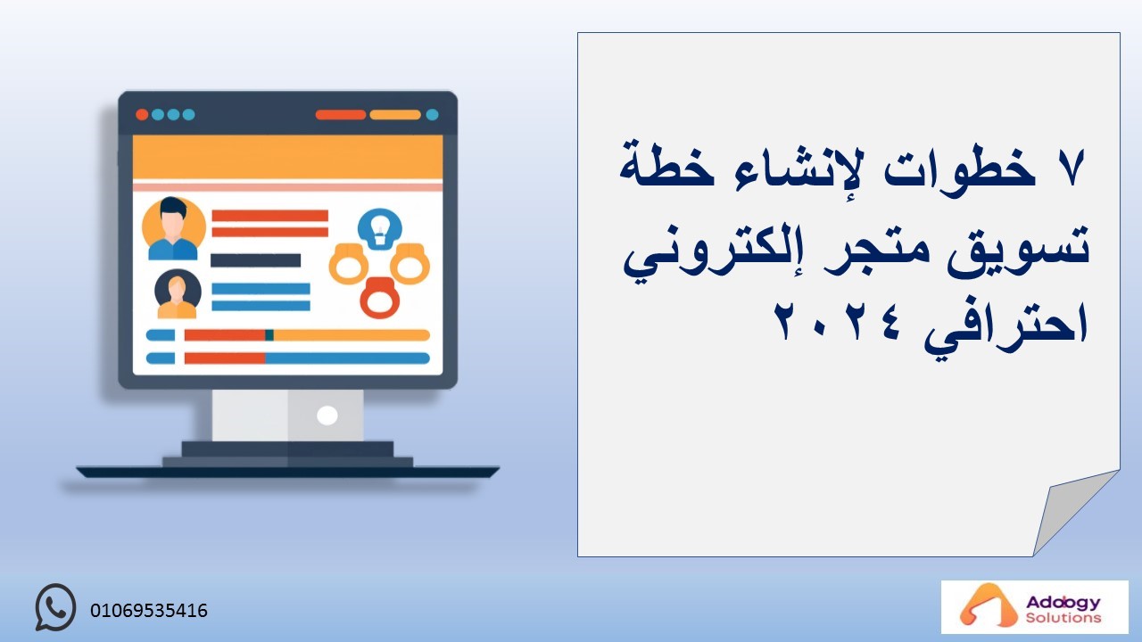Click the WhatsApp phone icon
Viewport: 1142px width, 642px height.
click(55, 607)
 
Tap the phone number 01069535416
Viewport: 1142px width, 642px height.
click(149, 611)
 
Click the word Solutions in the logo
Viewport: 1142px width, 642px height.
click(1063, 618)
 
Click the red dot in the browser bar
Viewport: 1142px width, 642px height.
click(142, 115)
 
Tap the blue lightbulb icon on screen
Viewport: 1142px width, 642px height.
click(380, 229)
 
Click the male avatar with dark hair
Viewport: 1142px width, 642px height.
click(173, 229)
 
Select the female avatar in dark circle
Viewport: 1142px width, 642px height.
click(178, 294)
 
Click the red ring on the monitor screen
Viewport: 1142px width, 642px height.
click(379, 298)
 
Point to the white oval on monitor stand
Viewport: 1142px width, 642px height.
click(327, 416)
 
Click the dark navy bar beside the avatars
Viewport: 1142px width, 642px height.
click(255, 260)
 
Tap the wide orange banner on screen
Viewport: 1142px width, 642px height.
click(287, 158)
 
